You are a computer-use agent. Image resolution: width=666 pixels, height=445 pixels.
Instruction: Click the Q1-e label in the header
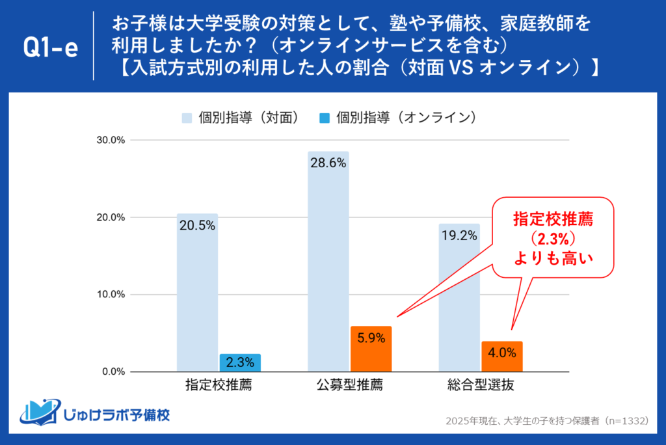pyautogui.click(x=51, y=48)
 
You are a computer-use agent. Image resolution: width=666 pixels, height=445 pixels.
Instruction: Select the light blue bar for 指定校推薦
pyautogui.click(x=197, y=293)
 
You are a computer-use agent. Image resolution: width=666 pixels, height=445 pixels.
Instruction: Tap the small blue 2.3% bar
pyautogui.click(x=240, y=363)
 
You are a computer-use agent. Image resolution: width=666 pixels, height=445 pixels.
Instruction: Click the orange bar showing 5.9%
pyautogui.click(x=371, y=349)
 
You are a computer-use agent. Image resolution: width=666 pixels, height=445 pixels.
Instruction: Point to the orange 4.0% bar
pyautogui.click(x=502, y=357)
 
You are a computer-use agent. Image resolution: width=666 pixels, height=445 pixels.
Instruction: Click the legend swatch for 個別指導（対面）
pyautogui.click(x=187, y=118)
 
